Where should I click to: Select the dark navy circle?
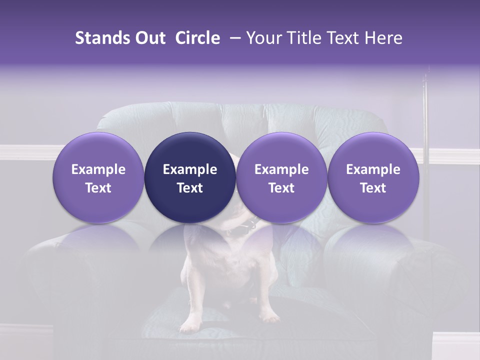point(190,177)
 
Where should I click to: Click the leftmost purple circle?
point(98,177)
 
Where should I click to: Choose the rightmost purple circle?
point(373,177)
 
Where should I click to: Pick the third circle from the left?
point(281,177)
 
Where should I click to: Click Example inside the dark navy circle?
point(190,169)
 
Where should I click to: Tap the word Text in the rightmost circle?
point(373,188)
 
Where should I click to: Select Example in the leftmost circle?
point(98,169)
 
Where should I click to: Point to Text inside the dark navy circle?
point(190,188)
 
